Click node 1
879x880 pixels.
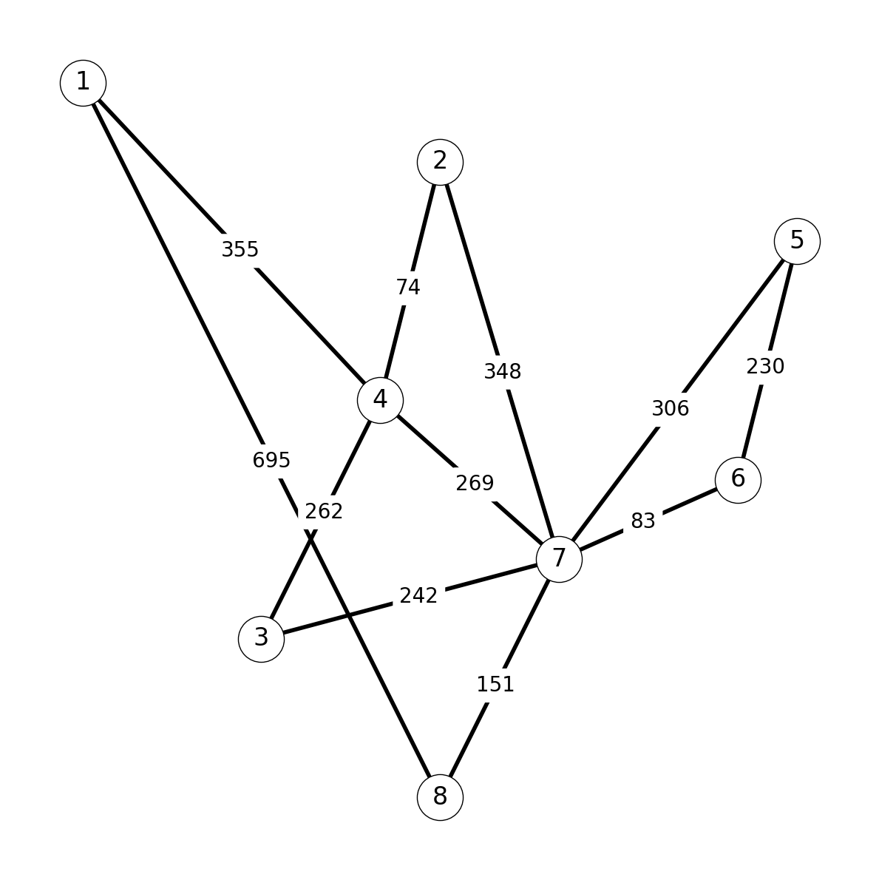(x=83, y=83)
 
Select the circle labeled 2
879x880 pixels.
(x=441, y=162)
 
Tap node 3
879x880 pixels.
(x=262, y=639)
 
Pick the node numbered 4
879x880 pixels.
(x=380, y=401)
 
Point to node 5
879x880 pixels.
(x=797, y=241)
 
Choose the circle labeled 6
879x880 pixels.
(x=739, y=480)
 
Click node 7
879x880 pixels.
(x=559, y=560)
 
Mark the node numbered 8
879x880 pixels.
(x=441, y=797)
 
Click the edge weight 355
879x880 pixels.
(x=240, y=249)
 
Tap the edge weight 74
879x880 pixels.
(x=408, y=288)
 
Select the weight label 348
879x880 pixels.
(x=503, y=371)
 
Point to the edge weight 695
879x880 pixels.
(x=271, y=460)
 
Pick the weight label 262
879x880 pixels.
(x=324, y=511)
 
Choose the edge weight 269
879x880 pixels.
(x=475, y=483)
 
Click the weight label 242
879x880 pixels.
(x=418, y=595)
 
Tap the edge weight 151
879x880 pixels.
(x=495, y=684)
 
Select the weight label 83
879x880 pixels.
(x=643, y=521)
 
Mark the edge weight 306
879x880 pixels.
(x=671, y=408)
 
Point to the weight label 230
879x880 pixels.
(x=765, y=367)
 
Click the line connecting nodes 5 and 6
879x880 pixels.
(x=767, y=361)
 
